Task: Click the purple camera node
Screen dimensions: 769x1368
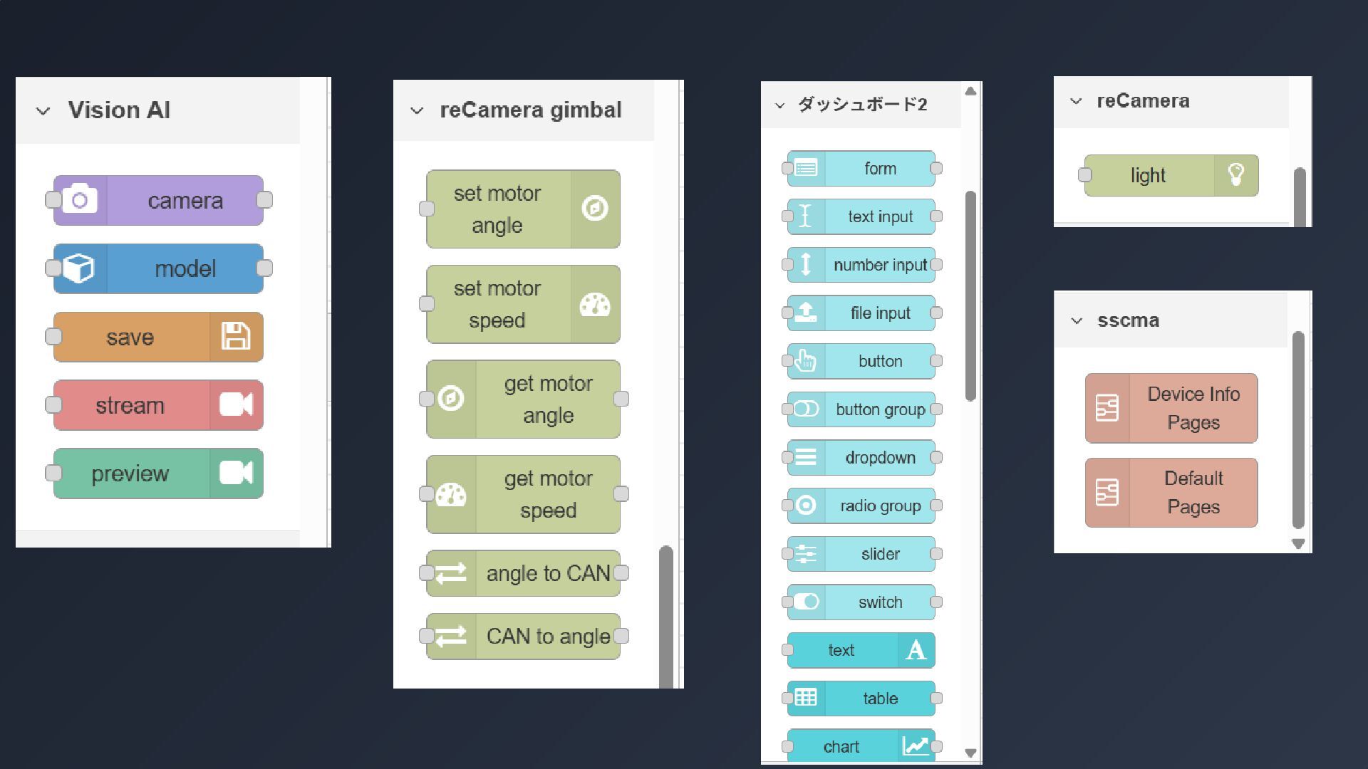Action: [x=158, y=201]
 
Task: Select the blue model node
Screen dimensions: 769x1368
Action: [x=158, y=268]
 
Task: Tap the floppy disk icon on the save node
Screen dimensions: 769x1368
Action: [x=236, y=337]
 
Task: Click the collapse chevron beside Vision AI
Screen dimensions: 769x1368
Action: [x=43, y=111]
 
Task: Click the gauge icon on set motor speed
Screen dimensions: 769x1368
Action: [x=595, y=305]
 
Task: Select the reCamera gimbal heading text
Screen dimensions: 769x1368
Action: [x=530, y=110]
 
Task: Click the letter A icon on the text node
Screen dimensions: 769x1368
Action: [x=916, y=650]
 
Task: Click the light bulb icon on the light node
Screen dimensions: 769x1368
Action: [x=1236, y=175]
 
